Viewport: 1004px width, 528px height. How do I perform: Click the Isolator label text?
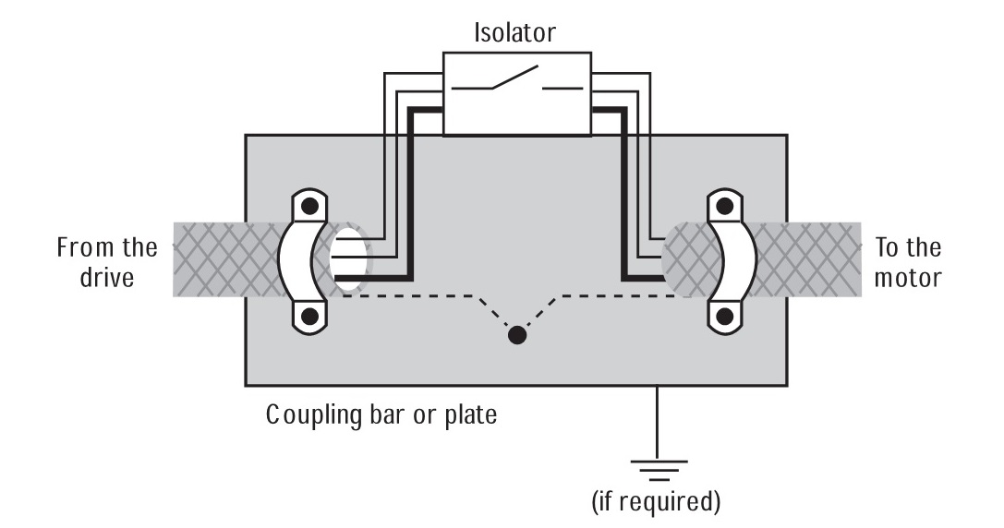pos(514,34)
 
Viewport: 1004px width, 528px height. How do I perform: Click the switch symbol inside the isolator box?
pos(516,84)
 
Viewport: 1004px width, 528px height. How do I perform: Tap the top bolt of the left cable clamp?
pos(311,205)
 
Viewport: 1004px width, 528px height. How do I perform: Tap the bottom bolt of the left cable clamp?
pos(311,317)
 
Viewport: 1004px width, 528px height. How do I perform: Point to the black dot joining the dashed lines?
pos(517,335)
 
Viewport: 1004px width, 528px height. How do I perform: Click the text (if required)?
pos(657,503)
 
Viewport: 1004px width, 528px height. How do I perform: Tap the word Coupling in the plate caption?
pos(315,415)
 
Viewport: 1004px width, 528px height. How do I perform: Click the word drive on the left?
pos(107,277)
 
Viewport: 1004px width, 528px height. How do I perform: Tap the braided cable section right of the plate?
pos(824,258)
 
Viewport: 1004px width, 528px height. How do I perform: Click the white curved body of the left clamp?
pos(298,260)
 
